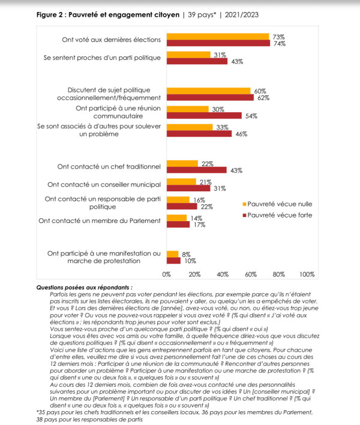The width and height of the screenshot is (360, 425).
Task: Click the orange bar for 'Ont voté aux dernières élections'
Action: pyautogui.click(x=218, y=37)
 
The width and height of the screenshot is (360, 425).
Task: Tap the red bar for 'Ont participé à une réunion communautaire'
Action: pyautogui.click(x=204, y=115)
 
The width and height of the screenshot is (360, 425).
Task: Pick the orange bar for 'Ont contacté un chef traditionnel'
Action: pyautogui.click(x=182, y=164)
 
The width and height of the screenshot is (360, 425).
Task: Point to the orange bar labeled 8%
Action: pyautogui.click(x=172, y=254)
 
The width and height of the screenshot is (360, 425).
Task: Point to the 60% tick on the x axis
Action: pyautogui.click(x=251, y=275)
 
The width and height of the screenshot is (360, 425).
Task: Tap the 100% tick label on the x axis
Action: pyautogui.click(x=307, y=275)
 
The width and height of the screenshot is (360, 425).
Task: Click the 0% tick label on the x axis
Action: pyautogui.click(x=167, y=275)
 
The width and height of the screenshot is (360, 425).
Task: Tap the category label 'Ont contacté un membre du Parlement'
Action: pyautogui.click(x=99, y=221)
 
